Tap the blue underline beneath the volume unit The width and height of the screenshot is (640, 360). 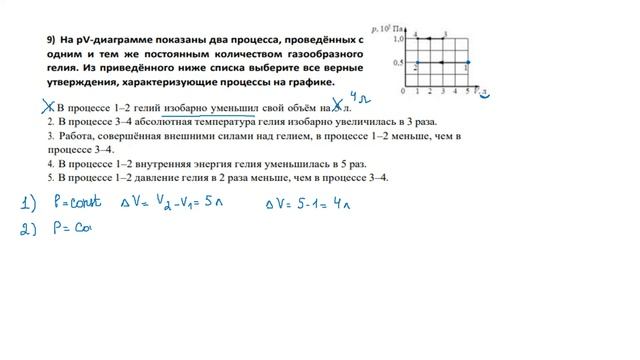485,99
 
